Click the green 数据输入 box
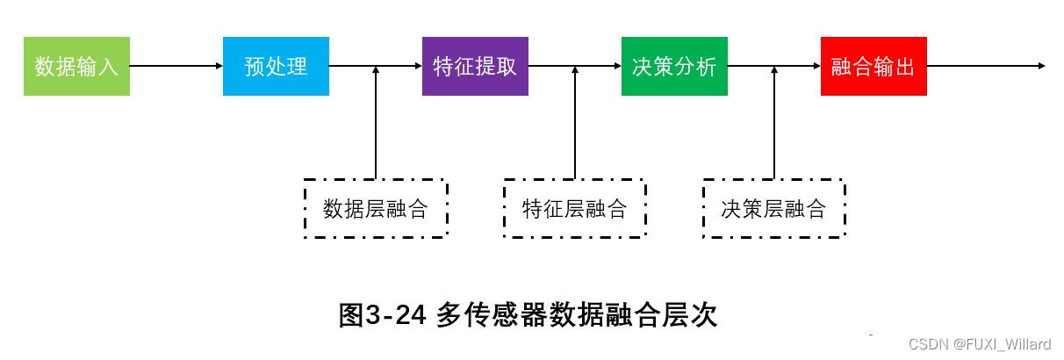tap(76, 66)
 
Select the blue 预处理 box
tap(276, 66)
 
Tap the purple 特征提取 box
tap(475, 66)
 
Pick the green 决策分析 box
tap(674, 66)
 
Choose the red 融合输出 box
tap(873, 66)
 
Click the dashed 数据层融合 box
tap(376, 208)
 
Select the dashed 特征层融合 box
tap(575, 208)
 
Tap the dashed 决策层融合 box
tap(773, 208)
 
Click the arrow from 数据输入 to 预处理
tap(176, 66)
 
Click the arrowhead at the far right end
tap(1040, 66)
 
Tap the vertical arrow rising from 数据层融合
tap(376, 123)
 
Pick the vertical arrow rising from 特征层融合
tap(575, 123)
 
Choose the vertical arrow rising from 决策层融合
tap(774, 123)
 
